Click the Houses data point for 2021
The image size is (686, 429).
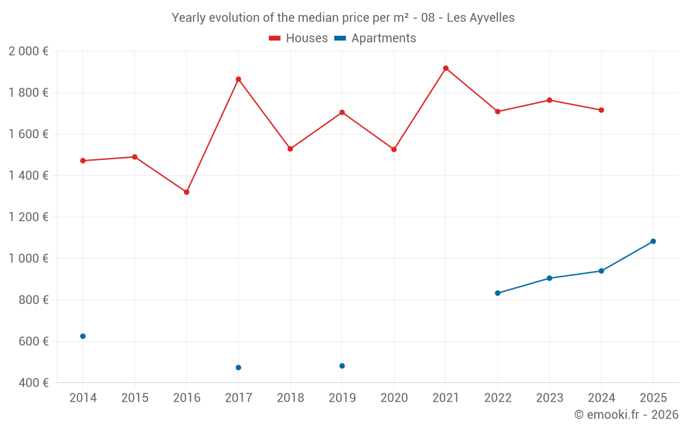point(446,68)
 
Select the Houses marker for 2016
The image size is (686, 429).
point(187,192)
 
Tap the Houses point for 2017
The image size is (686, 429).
point(238,79)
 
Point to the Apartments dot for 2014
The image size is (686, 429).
point(83,336)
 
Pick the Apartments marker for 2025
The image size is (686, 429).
point(653,242)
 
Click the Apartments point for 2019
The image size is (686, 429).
point(342,366)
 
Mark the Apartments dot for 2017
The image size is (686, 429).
point(238,368)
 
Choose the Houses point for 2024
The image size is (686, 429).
point(601,110)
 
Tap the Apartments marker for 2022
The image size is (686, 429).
point(497,293)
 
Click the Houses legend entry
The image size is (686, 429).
point(298,38)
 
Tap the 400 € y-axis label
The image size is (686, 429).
point(33,382)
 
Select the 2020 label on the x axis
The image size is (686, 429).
point(394,398)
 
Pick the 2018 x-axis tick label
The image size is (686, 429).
point(290,398)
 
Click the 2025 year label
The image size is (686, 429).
point(653,398)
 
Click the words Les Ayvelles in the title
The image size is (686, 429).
point(480,18)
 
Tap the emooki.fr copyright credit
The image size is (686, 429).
point(626,415)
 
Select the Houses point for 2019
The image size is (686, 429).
point(342,113)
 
